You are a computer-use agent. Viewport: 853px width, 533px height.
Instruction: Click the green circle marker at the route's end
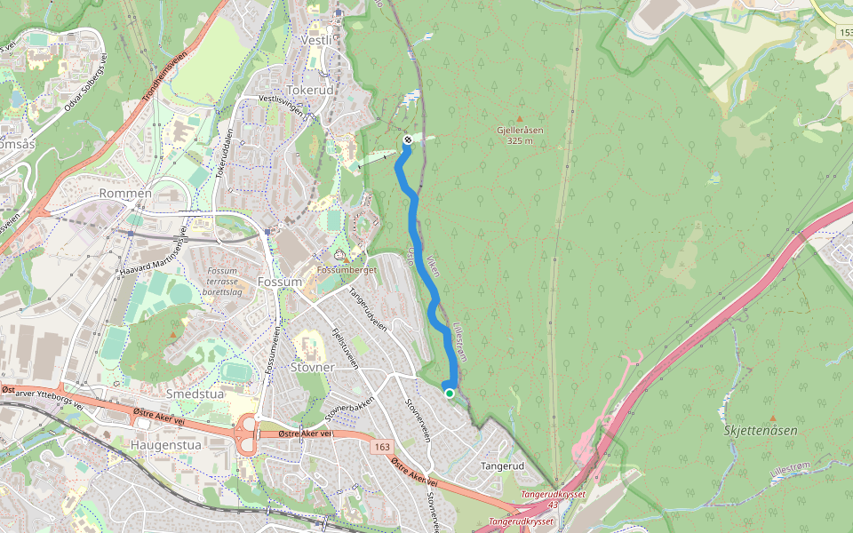(450, 394)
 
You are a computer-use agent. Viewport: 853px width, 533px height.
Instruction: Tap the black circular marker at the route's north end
(407, 139)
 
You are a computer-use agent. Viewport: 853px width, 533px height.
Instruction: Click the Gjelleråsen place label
(521, 135)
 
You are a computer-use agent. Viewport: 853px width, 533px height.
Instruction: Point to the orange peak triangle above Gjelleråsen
(520, 118)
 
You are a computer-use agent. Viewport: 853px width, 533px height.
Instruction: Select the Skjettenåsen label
(761, 430)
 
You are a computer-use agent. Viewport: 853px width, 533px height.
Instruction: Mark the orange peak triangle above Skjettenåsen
(772, 418)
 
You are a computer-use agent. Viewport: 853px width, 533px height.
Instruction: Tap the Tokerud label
(310, 91)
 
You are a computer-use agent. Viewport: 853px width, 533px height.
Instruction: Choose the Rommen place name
(127, 193)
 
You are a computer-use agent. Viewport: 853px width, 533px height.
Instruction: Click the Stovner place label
(313, 366)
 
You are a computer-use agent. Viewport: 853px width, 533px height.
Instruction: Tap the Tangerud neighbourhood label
(503, 465)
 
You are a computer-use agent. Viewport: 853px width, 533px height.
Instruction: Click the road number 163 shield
(382, 447)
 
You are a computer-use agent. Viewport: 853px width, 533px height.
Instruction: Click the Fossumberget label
(347, 269)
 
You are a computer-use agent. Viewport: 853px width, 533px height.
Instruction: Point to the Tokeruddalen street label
(225, 153)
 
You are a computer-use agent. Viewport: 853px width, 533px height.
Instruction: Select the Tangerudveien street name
(368, 308)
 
